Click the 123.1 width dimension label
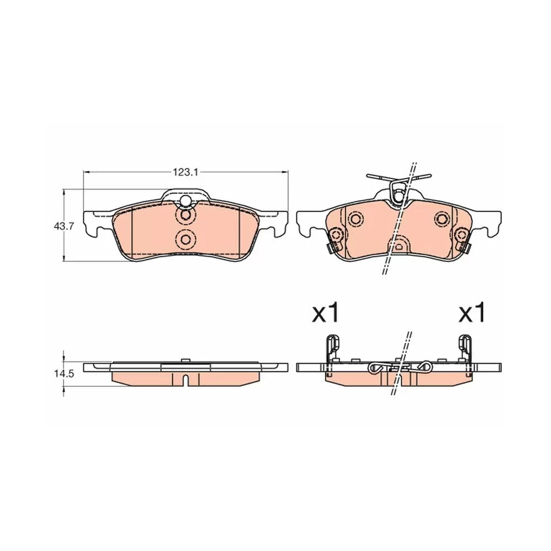point(186,172)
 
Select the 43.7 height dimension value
point(63,226)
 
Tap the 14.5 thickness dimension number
point(63,374)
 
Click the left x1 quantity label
point(326,312)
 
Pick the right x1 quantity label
point(472,312)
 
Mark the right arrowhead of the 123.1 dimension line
point(284,172)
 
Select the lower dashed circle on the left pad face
point(185,239)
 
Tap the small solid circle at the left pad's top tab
point(185,201)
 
